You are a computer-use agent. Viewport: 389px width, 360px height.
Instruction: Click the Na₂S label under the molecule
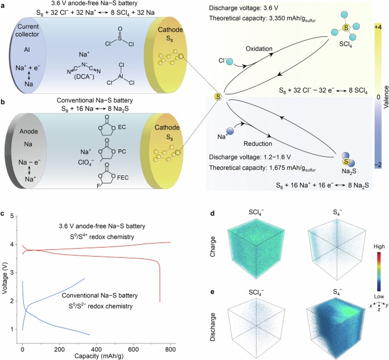[x=348, y=170]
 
